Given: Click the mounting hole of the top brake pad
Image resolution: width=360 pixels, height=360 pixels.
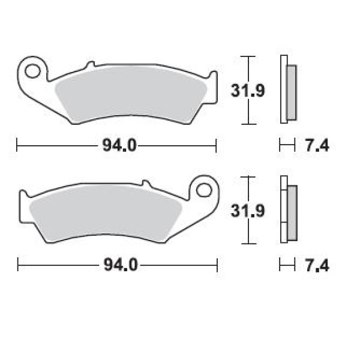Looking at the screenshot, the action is (x=32, y=71).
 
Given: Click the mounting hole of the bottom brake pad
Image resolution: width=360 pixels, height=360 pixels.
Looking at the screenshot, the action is (x=204, y=190).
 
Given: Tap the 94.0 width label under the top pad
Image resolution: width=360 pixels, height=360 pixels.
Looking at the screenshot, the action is (x=119, y=146).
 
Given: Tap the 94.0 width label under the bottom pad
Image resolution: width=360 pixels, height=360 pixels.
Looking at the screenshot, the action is (x=121, y=265).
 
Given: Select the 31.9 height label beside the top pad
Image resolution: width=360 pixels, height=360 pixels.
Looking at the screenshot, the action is (x=248, y=91).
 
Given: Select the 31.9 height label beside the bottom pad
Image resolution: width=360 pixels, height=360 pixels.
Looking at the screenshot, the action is (x=248, y=211).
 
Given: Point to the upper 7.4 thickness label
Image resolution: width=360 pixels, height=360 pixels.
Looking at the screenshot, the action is (x=317, y=146).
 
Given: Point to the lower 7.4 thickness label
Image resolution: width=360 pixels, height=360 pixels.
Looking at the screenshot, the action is (x=317, y=265).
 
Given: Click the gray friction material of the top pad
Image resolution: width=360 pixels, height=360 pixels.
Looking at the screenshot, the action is (x=131, y=94).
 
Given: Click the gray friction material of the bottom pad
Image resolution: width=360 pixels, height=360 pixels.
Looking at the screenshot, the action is (x=106, y=214).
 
